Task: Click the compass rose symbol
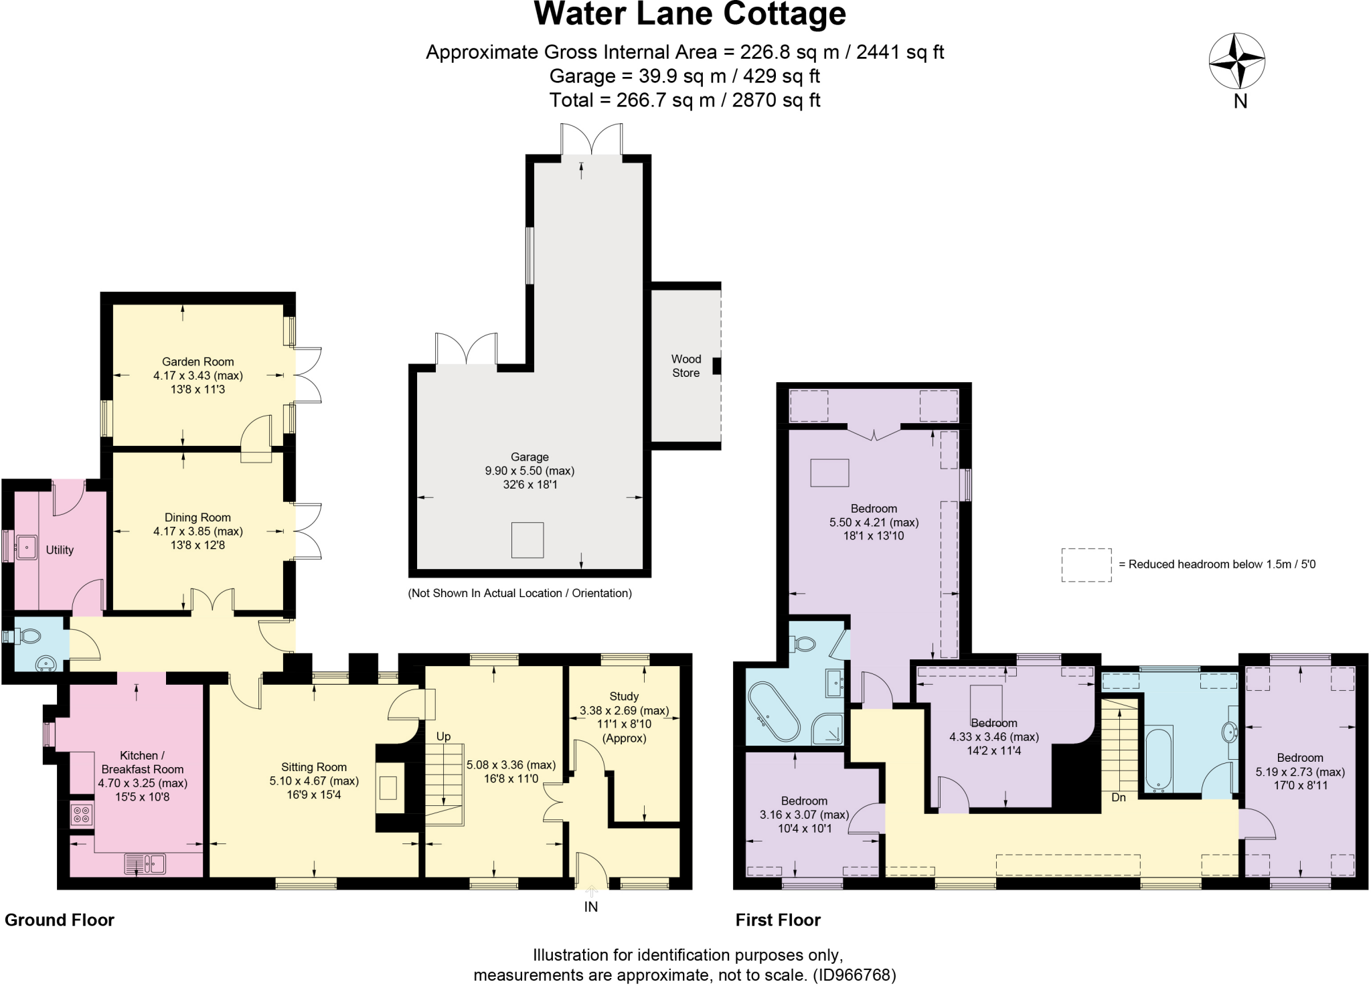click(1236, 61)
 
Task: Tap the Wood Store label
click(685, 366)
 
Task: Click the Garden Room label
click(197, 361)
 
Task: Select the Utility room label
click(60, 550)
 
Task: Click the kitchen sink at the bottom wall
click(145, 864)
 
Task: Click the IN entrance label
click(590, 906)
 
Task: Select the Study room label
click(624, 696)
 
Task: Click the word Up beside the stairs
click(443, 736)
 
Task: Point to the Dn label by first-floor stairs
click(1118, 797)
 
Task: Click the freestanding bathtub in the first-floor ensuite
click(773, 712)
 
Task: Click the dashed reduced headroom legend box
click(1086, 564)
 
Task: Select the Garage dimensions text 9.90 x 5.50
click(530, 471)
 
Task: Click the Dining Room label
click(197, 517)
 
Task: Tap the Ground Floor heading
click(60, 920)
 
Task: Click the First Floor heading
click(778, 920)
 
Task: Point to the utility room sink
click(27, 546)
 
